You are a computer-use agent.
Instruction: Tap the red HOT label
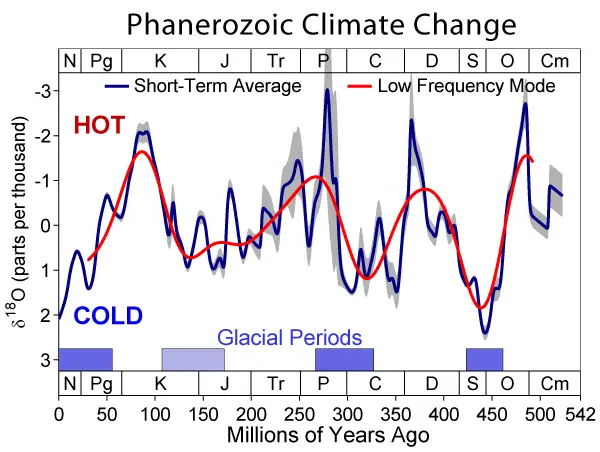(102, 126)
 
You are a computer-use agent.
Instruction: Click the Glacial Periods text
(290, 337)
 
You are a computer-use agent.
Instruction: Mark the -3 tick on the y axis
(43, 92)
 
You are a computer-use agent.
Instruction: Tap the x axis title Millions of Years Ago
(328, 435)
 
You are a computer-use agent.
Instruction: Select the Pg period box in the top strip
(101, 61)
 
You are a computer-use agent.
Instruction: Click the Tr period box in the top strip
(275, 61)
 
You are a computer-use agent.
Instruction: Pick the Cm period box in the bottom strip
(553, 383)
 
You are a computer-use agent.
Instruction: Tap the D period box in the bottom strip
(431, 383)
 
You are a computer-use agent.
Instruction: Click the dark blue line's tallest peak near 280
(327, 90)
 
